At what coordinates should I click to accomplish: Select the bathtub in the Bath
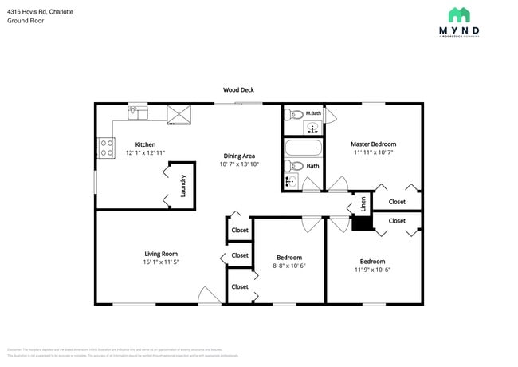(303, 148)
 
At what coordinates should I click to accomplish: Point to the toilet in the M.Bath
(294, 113)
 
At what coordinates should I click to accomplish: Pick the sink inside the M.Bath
(312, 126)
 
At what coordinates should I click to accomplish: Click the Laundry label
(183, 186)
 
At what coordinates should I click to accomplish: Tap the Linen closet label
(363, 204)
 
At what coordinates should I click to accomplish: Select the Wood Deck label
(238, 90)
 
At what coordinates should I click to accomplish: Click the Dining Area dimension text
(239, 164)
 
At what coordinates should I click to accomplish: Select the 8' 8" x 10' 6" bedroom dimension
(288, 266)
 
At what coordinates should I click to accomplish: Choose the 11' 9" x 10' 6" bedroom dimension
(372, 270)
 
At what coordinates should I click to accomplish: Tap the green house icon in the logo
(459, 14)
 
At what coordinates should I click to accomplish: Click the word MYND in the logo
(459, 31)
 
